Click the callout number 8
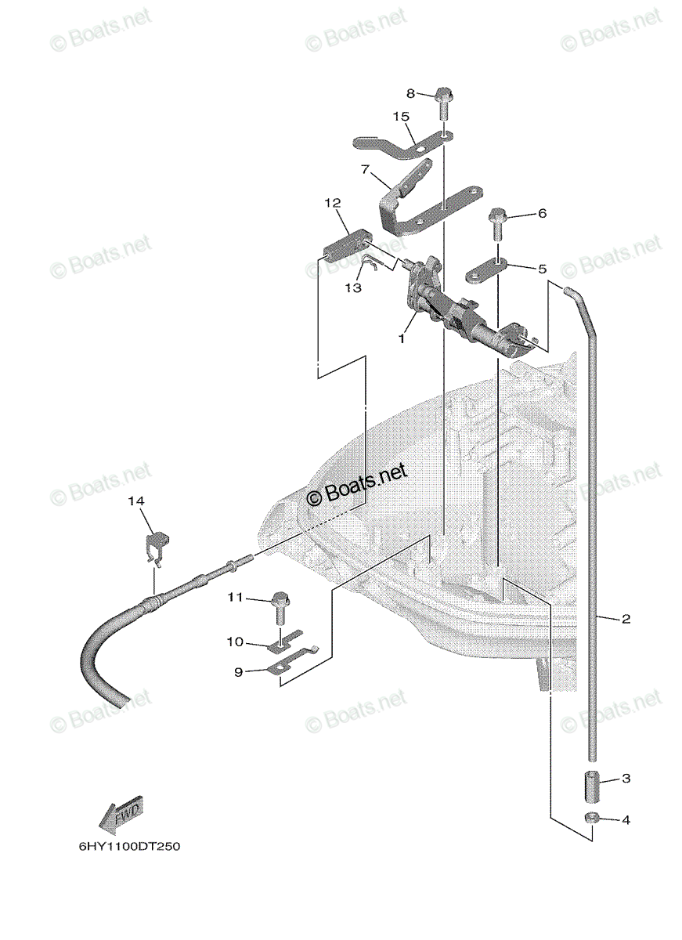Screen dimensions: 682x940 tap(410, 93)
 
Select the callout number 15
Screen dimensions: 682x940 tap(401, 116)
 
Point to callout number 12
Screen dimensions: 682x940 tap(332, 203)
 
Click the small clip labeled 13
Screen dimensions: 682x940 tap(371, 263)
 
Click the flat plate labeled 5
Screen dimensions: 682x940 tap(486, 272)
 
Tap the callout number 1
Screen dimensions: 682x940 tap(402, 338)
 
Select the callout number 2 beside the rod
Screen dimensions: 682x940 tap(626, 619)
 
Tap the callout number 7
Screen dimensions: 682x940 tap(366, 170)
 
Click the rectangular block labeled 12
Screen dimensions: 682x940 tap(346, 248)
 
